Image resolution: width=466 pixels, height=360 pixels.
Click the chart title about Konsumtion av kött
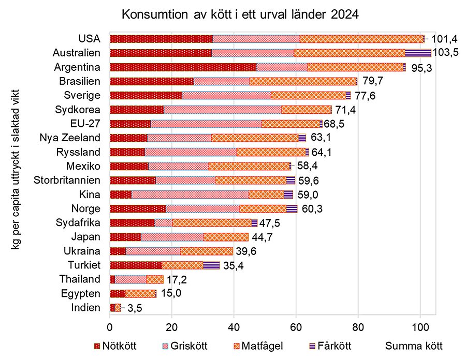click(240, 14)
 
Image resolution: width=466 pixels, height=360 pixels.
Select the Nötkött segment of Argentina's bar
click(183, 67)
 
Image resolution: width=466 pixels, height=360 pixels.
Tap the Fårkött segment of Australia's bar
click(418, 53)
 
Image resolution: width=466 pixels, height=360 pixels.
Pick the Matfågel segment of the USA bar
click(361, 39)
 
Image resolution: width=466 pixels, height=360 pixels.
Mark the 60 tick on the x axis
click(296, 327)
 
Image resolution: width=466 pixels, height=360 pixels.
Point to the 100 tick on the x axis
click(420, 327)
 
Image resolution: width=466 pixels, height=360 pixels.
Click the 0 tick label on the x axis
click(110, 327)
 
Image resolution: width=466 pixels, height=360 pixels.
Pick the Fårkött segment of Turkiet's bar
click(211, 265)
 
